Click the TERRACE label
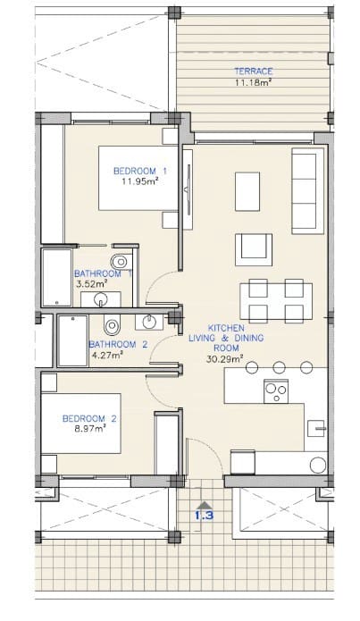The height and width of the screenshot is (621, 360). pyautogui.click(x=254, y=71)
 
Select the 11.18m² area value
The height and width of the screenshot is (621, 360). pyautogui.click(x=254, y=83)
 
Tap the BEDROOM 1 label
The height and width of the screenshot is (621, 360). pyautogui.click(x=140, y=171)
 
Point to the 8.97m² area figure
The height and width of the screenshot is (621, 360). pyautogui.click(x=89, y=429)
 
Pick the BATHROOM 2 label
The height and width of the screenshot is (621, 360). pyautogui.click(x=118, y=344)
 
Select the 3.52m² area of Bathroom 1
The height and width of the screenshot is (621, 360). pyautogui.click(x=90, y=283)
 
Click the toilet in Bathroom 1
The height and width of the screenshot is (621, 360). pyautogui.click(x=123, y=260)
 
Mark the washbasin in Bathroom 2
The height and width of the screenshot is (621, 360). pyautogui.click(x=149, y=321)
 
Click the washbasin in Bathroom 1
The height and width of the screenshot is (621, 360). pyautogui.click(x=106, y=298)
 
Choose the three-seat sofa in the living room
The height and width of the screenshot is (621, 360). pyautogui.click(x=306, y=189)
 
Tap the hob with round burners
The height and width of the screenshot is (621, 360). pyautogui.click(x=275, y=390)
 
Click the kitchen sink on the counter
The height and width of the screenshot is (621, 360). pyautogui.click(x=316, y=429)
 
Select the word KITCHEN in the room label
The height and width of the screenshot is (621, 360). pyautogui.click(x=226, y=328)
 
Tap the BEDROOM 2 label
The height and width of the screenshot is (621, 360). pyautogui.click(x=89, y=418)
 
